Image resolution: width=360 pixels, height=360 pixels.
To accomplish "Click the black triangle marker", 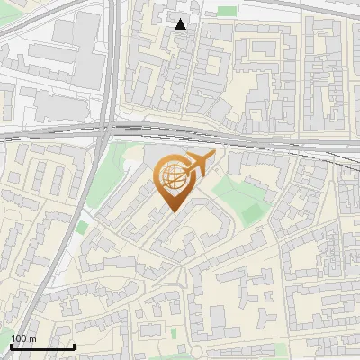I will (x=181, y=24).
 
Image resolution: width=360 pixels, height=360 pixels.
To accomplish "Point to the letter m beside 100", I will (x=33, y=338).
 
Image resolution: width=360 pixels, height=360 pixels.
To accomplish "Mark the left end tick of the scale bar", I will (x=11, y=346).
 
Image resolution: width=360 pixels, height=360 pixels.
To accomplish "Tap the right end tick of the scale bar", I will (x=74, y=346).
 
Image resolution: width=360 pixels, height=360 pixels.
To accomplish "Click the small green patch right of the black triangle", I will (x=227, y=12).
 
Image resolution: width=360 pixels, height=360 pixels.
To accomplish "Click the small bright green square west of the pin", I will (x=82, y=228).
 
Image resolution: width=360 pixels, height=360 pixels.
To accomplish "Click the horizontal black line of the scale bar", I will (x=42, y=346).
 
